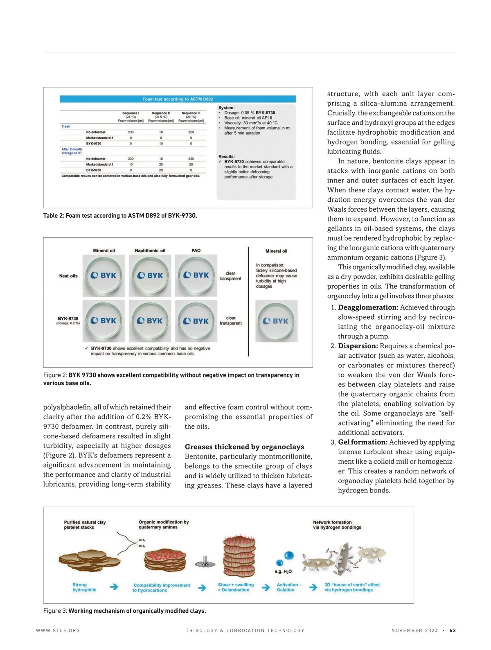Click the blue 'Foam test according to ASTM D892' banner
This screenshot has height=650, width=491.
178,99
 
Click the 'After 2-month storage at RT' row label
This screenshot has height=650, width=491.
72,151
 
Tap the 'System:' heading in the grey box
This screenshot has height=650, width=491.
226,108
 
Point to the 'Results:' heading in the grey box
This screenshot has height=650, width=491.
226,156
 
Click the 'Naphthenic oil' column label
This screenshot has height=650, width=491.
150,251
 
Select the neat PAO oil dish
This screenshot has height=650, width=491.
196,275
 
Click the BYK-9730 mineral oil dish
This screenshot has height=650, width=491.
104,321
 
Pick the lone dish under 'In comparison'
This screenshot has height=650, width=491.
276,321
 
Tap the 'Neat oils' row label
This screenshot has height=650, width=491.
68,276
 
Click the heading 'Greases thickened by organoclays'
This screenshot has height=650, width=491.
244,447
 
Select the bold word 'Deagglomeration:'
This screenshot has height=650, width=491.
368,307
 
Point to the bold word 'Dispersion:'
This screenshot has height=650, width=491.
358,346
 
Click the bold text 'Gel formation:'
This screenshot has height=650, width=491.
363,442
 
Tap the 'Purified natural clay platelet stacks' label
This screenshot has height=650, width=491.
85,525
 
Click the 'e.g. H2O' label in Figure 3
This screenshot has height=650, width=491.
283,571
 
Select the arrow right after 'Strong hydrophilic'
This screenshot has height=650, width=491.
114,587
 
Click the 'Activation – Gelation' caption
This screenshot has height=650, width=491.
289,587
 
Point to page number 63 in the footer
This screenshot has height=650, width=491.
453,630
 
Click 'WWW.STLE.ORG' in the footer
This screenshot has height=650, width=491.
58,630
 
